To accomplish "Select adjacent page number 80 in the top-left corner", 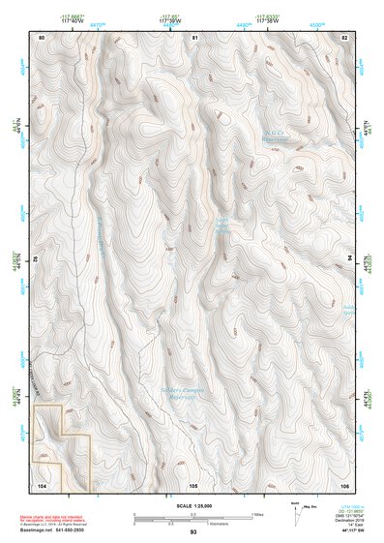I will pos(42,37).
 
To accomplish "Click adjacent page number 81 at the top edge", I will pos(194,37).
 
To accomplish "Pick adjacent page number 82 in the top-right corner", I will pos(344,37).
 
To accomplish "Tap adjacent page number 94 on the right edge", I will pos(349,260).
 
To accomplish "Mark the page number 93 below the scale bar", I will pos(193,532).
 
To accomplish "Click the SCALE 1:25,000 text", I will pos(192,505).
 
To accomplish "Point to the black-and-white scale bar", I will pos(192,514).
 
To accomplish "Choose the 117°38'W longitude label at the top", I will pos(268,20).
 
